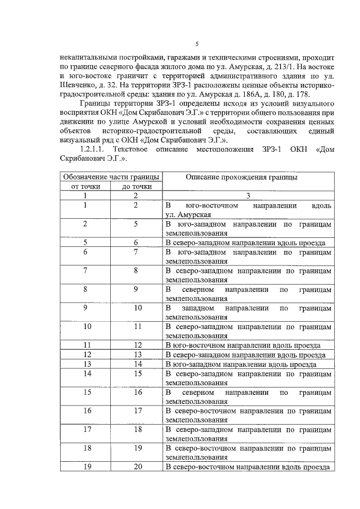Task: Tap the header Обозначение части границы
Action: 110,177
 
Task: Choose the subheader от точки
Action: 85,186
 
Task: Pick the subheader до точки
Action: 136,186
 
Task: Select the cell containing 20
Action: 136,467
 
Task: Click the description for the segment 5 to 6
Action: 246,243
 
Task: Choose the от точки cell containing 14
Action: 85,373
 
